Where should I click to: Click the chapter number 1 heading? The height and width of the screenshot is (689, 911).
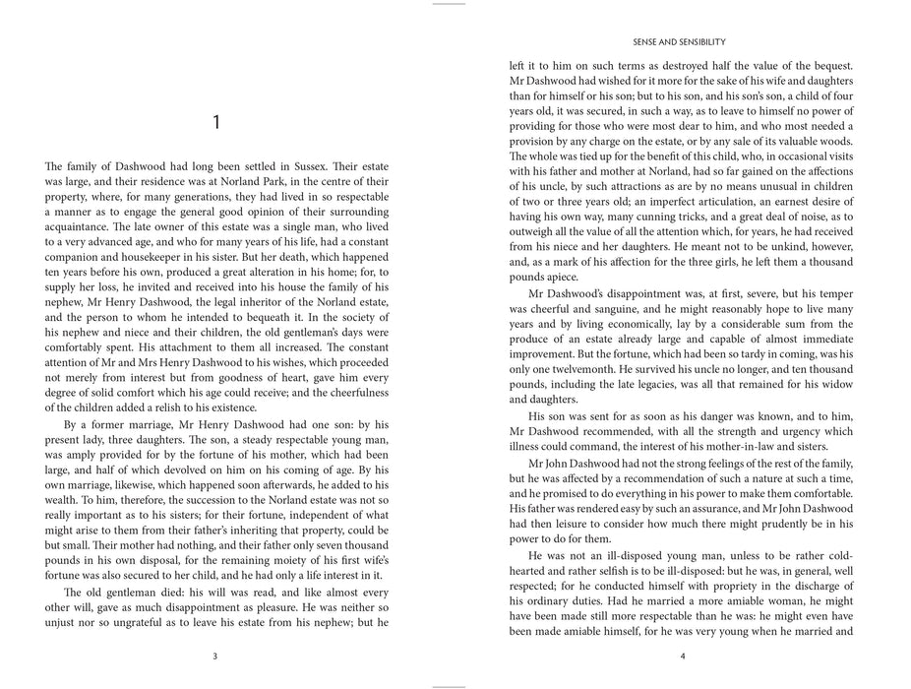click(x=216, y=122)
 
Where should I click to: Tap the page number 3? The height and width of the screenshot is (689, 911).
click(x=216, y=658)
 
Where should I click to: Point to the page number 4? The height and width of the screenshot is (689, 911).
click(x=681, y=658)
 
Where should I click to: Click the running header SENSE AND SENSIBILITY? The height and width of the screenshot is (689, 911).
click(x=681, y=42)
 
